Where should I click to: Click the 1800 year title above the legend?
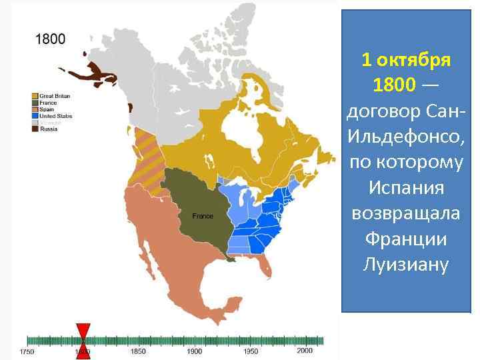50,39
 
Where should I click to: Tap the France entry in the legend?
48,103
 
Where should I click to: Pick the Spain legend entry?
47,109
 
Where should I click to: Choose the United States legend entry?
55,116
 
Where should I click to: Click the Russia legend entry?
48,129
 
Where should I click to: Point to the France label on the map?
202,216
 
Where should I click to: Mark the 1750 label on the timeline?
27,351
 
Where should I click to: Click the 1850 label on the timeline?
138,351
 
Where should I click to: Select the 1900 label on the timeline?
195,351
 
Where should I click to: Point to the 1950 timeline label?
251,351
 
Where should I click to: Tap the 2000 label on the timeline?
305,351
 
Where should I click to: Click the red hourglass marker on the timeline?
83,341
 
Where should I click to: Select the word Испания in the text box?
406,187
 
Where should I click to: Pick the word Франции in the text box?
406,239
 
